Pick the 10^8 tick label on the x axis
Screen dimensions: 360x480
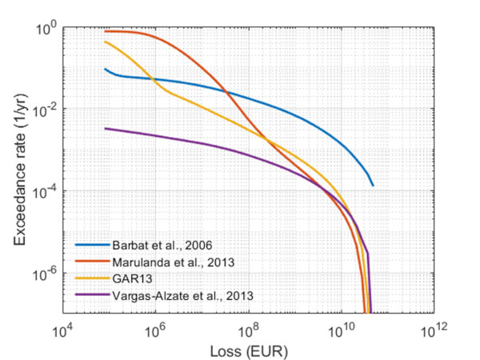tap(248, 330)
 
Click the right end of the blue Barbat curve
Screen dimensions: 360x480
tap(373, 186)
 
